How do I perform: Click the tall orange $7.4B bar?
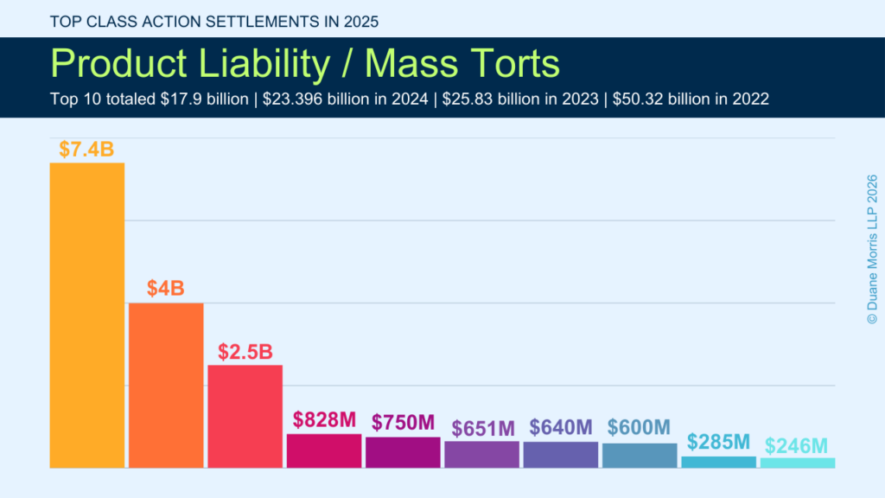pos(87,316)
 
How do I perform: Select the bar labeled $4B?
pos(166,386)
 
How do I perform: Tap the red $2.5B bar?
pos(245,417)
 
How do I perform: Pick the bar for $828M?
pos(324,451)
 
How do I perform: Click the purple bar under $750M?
pos(403,453)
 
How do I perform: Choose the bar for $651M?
pos(482,455)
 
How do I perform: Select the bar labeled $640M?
pos(561,455)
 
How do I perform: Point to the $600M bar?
pos(640,456)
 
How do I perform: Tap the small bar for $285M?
pos(718,463)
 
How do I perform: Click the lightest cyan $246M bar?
pos(798,463)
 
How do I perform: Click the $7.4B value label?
pos(86,149)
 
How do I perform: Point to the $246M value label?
pos(797,446)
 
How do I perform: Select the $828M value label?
pos(324,420)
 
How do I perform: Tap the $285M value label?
pos(718,442)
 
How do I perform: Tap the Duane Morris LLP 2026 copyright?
pos(871,250)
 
